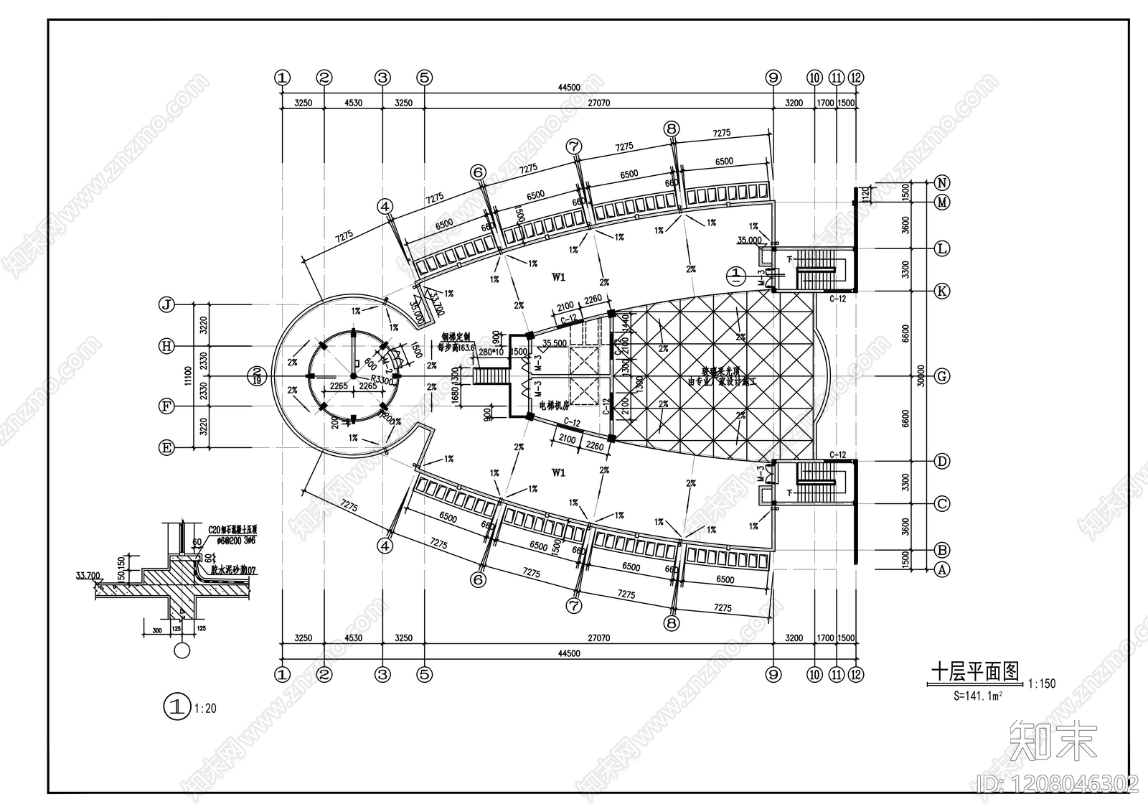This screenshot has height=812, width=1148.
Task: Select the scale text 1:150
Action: [x=1041, y=684]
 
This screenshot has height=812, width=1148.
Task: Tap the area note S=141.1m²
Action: [x=977, y=695]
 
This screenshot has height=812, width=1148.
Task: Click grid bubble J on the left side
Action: [x=166, y=304]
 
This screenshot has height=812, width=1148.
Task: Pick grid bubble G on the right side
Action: [x=943, y=376]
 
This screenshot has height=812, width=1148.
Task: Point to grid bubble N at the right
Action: [x=943, y=182]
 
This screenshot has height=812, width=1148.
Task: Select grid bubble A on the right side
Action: [x=943, y=570]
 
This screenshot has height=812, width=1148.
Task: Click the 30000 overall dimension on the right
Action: [x=921, y=376]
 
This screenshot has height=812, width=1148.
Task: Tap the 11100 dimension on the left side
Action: [x=187, y=375]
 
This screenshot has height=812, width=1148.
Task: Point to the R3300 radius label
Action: [x=382, y=381]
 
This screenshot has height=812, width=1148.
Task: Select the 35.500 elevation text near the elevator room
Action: [x=556, y=343]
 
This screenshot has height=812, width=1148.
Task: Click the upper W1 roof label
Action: [x=559, y=277]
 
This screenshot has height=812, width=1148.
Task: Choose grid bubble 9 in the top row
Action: [x=773, y=78]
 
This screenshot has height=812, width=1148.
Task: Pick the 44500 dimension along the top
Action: [x=568, y=87]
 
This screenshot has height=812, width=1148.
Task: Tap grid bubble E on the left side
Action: [x=166, y=448]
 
